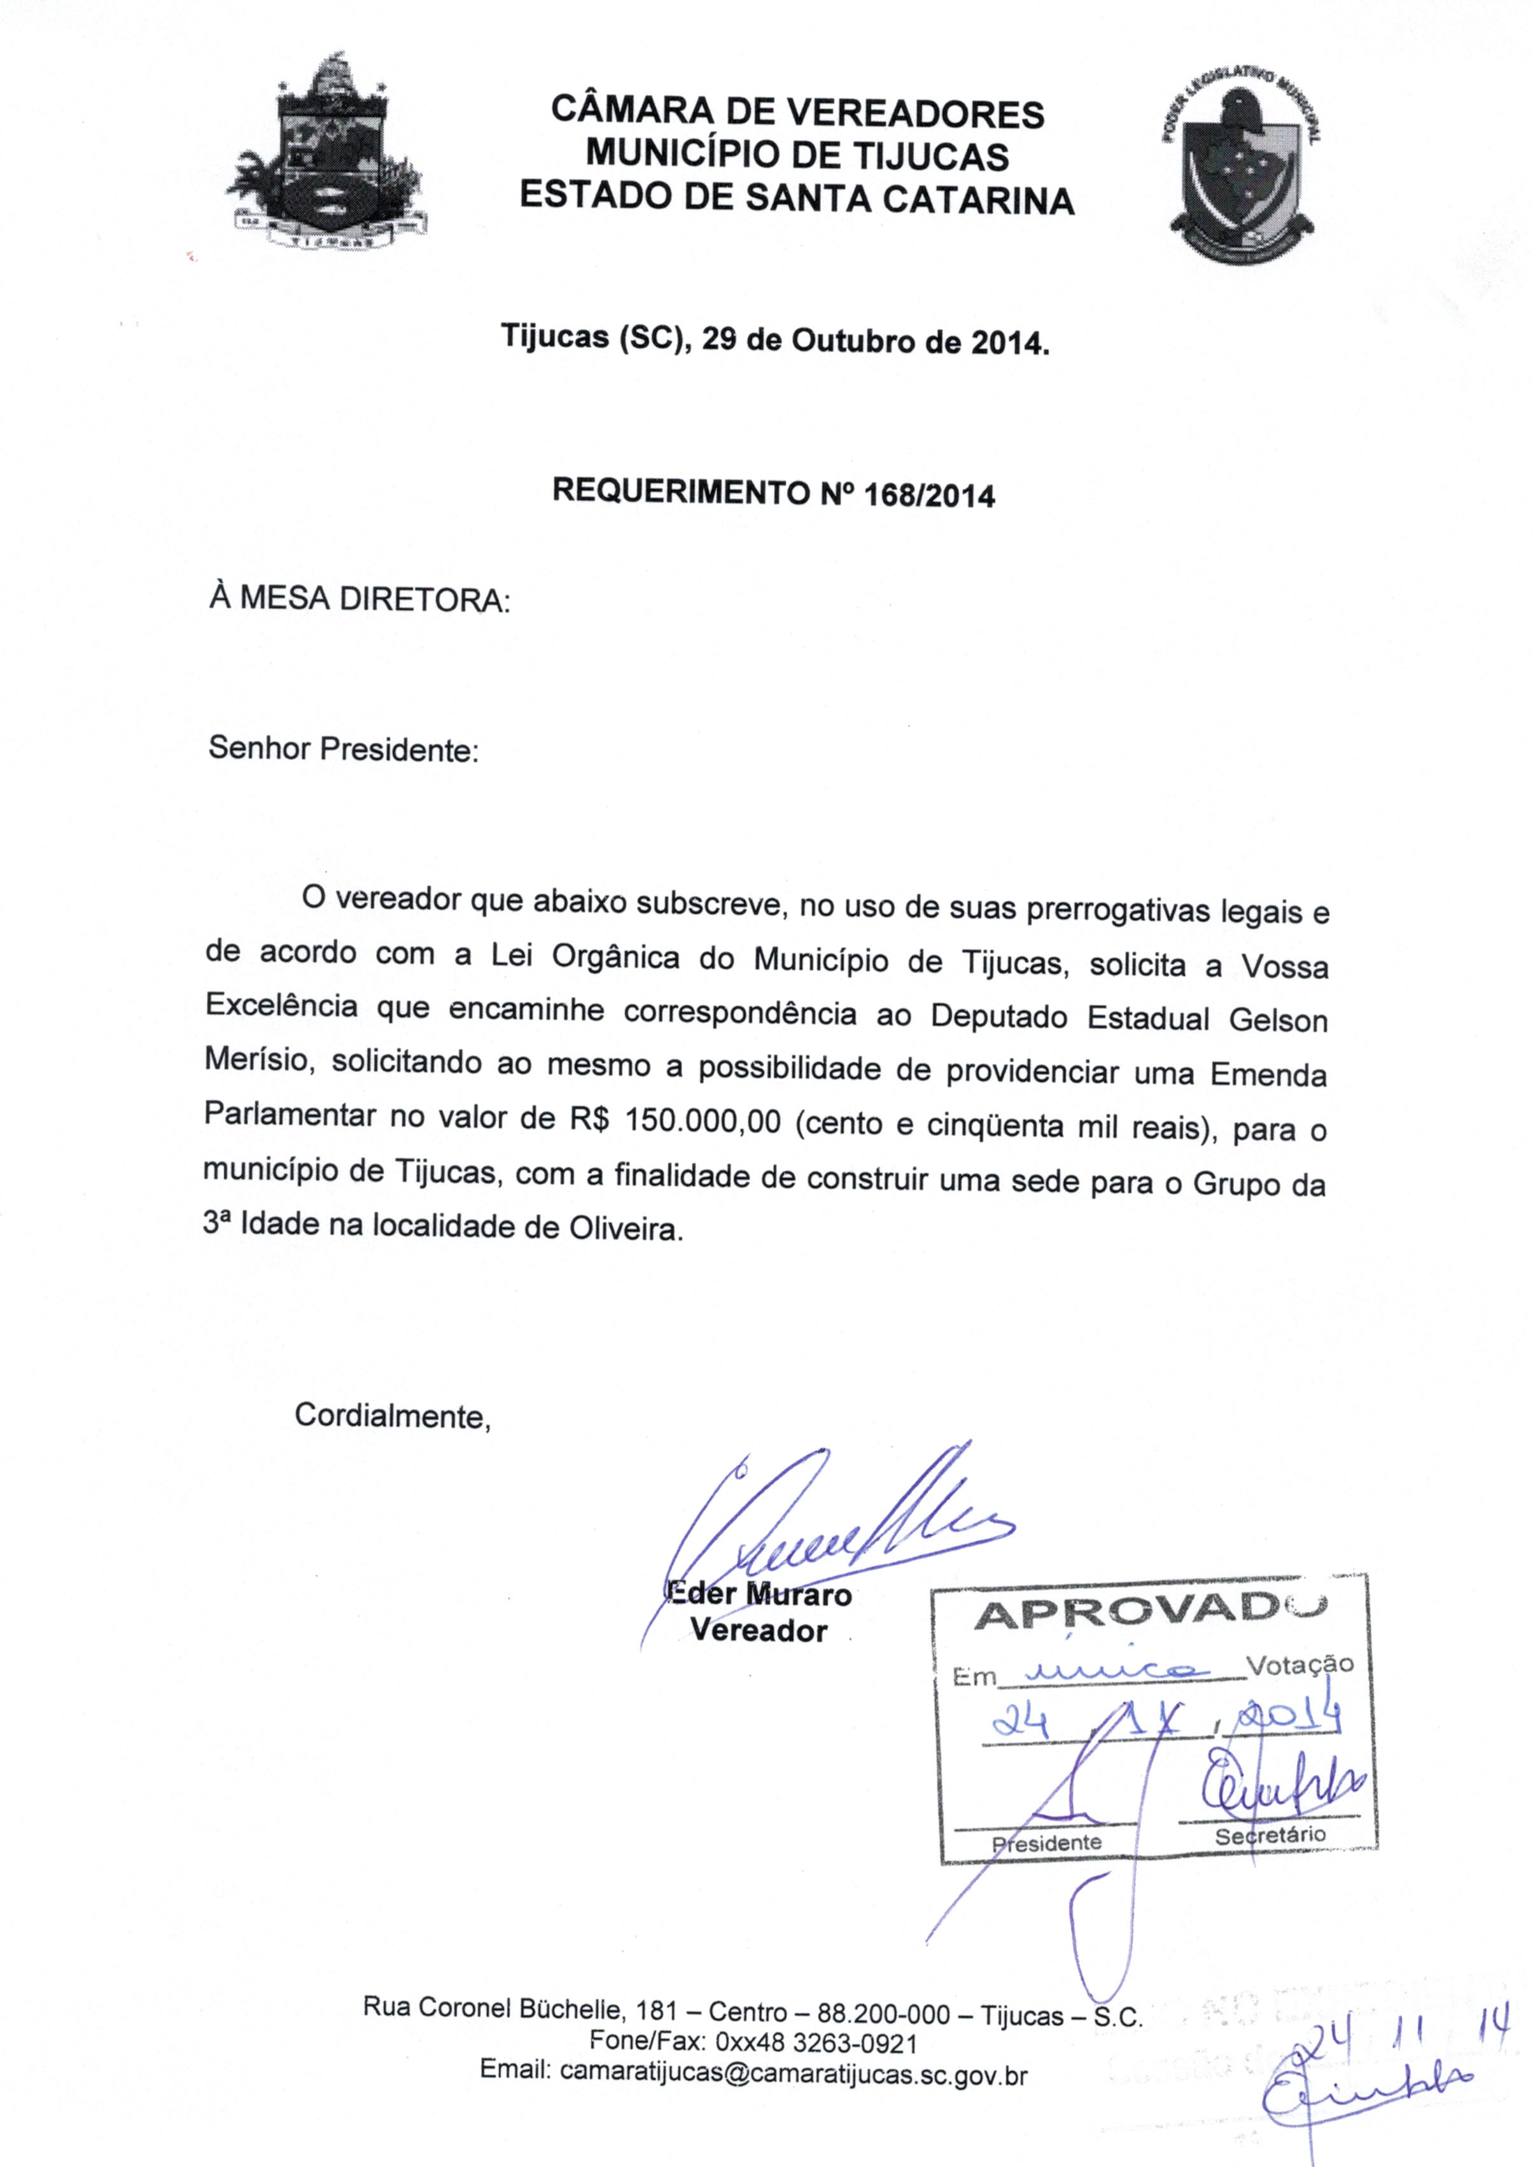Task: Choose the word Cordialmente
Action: pyautogui.click(x=392, y=1416)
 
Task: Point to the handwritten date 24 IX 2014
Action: pyautogui.click(x=1166, y=1724)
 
